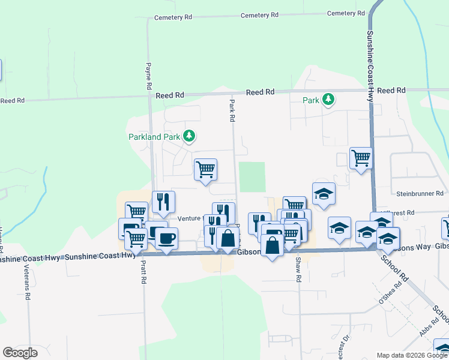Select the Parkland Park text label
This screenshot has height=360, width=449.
[154, 137]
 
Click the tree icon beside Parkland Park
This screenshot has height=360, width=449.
[189, 136]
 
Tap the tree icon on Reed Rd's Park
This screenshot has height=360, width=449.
[328, 99]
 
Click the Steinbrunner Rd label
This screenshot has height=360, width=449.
[420, 194]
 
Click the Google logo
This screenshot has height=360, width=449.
[20, 353]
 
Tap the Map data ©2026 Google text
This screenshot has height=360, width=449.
[411, 355]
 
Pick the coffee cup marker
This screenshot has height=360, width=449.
[166, 238]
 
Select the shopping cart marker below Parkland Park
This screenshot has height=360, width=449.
[205, 169]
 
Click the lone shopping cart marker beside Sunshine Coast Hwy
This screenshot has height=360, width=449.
[361, 158]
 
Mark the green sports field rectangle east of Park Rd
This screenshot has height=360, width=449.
[252, 177]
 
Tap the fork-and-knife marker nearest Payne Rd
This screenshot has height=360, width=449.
[163, 202]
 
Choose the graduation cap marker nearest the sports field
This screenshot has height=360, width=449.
[324, 193]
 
